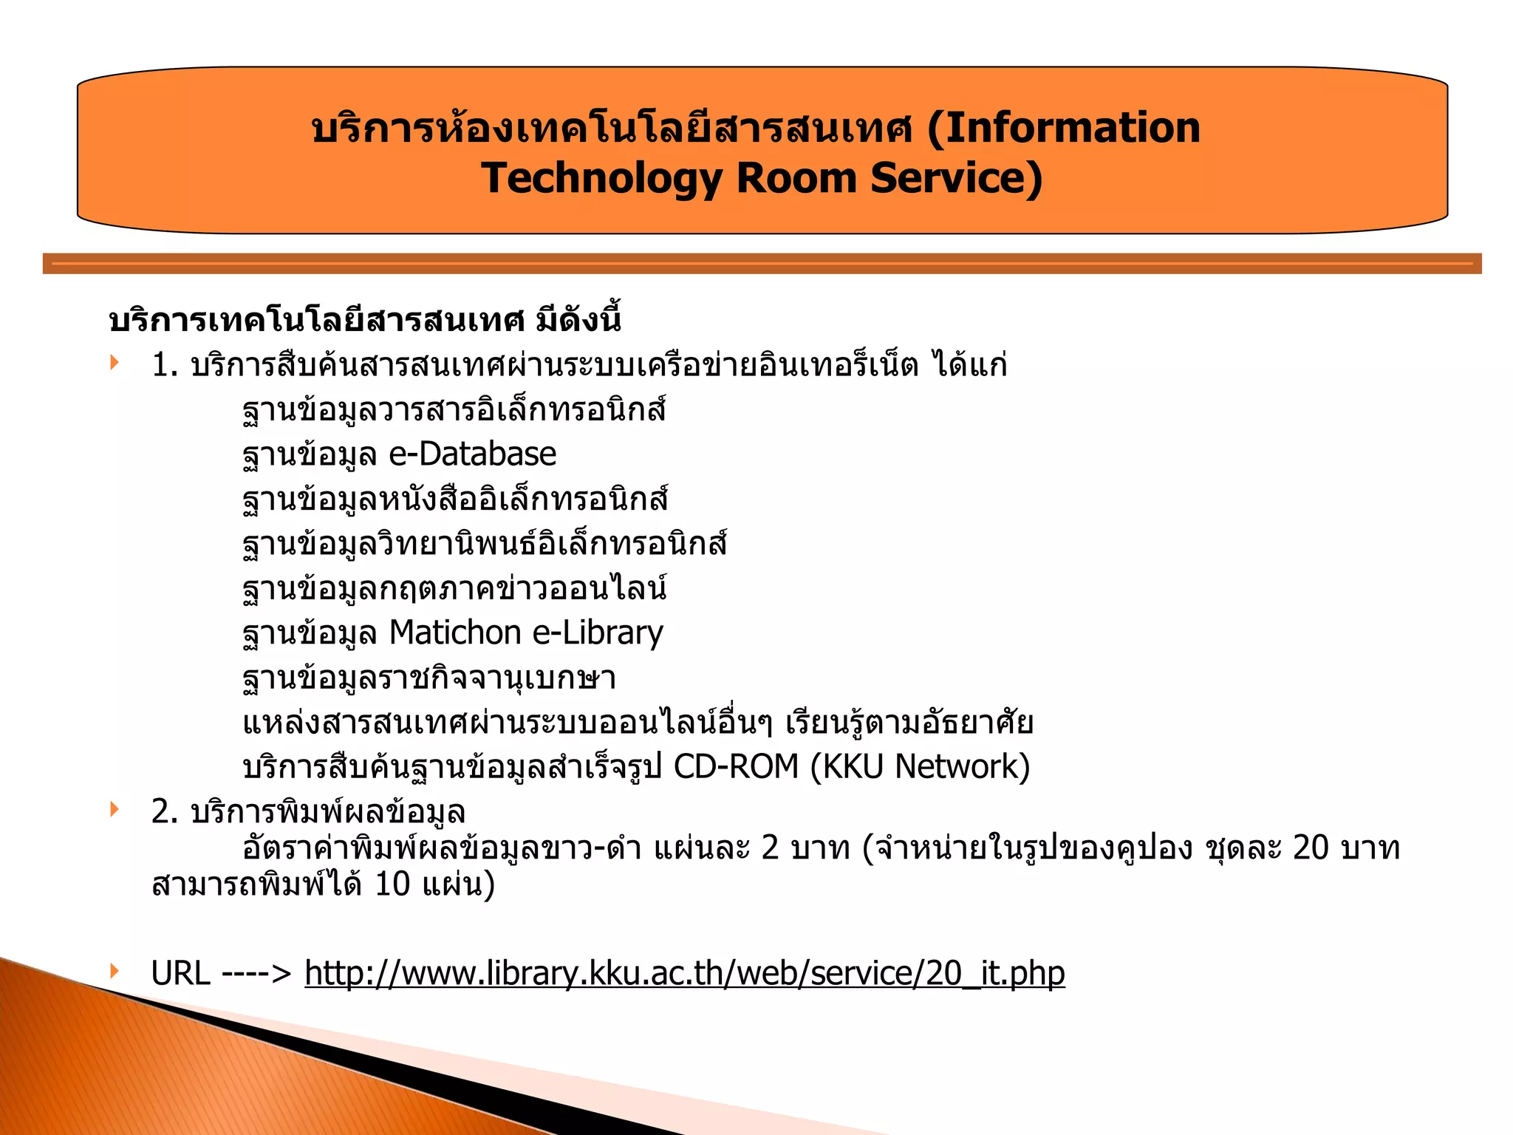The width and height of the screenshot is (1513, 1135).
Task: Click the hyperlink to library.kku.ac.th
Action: point(684,973)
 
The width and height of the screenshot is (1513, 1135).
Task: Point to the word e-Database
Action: point(472,454)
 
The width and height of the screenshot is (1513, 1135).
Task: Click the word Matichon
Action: point(455,633)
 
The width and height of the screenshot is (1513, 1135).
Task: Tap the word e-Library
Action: point(598,633)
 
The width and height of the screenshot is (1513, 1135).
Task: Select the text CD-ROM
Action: point(736,766)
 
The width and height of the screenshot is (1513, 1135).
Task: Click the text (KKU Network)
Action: point(920,766)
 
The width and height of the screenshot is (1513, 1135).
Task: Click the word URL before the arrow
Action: point(180,973)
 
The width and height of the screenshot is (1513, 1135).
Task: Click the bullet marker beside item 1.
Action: point(114,362)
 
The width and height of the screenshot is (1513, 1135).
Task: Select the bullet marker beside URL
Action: point(114,970)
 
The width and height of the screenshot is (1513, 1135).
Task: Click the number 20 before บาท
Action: point(1311,848)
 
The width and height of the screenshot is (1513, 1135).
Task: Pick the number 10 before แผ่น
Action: point(392,885)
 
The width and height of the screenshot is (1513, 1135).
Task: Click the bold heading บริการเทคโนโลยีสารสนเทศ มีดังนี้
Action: point(364,320)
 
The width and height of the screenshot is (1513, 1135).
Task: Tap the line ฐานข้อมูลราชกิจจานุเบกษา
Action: point(429,678)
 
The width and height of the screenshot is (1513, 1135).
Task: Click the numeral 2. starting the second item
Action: point(165,811)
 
